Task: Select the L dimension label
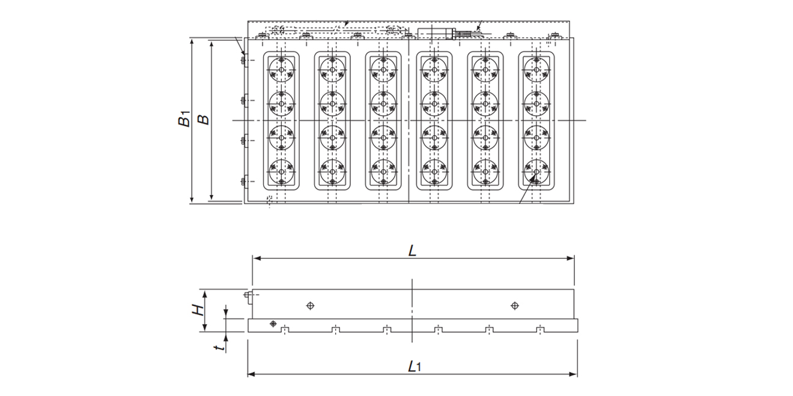coord(412,251)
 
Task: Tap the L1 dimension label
coord(413,366)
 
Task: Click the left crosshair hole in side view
coord(309,305)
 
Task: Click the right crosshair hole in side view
coord(514,305)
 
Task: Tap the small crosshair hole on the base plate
coord(273,323)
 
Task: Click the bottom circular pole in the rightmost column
coord(535,172)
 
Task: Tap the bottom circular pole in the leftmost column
coord(281,172)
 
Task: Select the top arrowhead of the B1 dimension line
coord(192,41)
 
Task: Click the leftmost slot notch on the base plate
coord(285,329)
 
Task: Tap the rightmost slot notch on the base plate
coord(541,329)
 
